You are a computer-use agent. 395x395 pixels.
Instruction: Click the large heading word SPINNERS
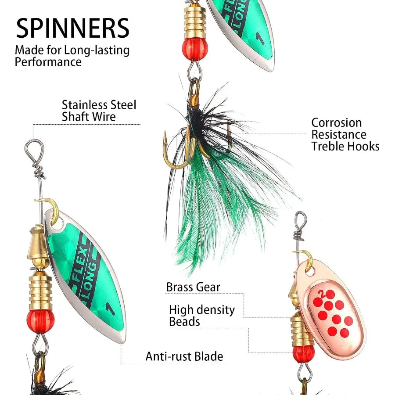click(x=72, y=28)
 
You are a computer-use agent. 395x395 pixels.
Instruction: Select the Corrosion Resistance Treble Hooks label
click(x=345, y=135)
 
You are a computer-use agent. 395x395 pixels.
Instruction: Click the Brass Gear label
click(x=193, y=287)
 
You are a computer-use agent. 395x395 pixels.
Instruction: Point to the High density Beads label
click(x=202, y=316)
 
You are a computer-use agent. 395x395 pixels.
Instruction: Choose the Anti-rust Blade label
click(x=184, y=356)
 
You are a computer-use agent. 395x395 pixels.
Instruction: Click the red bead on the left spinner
click(x=40, y=321)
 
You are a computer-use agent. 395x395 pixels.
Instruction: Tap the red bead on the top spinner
click(x=195, y=49)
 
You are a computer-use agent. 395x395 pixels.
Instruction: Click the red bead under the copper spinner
click(x=304, y=354)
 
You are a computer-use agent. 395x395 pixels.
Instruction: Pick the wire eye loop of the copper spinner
click(x=301, y=219)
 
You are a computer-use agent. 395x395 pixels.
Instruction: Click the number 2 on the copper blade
click(x=321, y=293)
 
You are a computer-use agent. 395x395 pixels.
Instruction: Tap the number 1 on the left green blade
click(x=110, y=309)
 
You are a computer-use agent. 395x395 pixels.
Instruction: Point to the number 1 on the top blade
click(x=260, y=38)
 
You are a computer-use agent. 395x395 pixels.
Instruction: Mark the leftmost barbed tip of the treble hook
click(x=165, y=134)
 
